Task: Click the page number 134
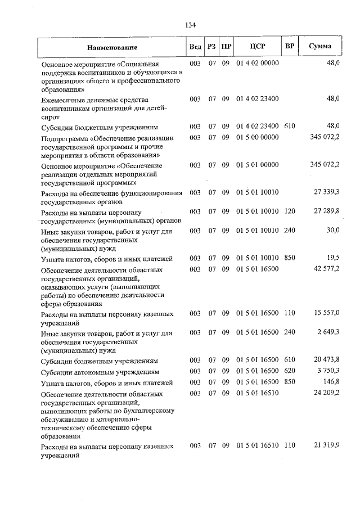190,25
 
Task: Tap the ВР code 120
290,212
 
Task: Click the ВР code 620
290,371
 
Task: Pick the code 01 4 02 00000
258,63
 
